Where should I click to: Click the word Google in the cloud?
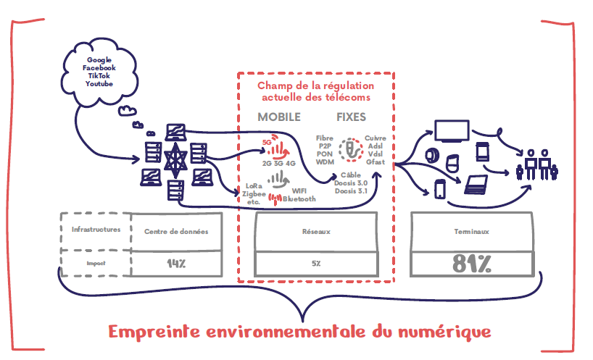pos(99,59)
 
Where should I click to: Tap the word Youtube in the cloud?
pos(99,84)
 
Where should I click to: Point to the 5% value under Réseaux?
pos(316,264)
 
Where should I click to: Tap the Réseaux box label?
pos(316,232)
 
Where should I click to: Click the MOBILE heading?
pos(279,117)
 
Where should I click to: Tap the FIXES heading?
pos(351,117)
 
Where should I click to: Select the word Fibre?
pos(324,138)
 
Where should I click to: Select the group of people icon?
pos(536,164)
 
